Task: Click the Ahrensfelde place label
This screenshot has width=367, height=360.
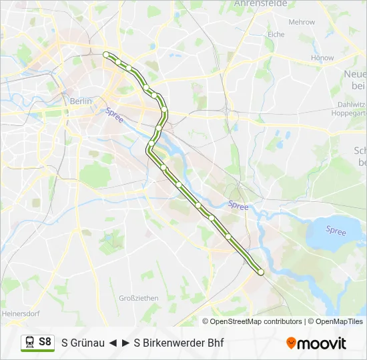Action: (x=260, y=3)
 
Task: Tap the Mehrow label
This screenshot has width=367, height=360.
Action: (x=301, y=22)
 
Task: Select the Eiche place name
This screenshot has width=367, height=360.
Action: (x=276, y=34)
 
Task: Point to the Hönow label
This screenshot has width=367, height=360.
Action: (x=322, y=58)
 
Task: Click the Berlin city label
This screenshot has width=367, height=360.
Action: (x=81, y=101)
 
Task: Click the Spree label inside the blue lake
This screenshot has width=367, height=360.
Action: (x=336, y=231)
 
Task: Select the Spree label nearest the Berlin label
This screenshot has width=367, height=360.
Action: (x=114, y=115)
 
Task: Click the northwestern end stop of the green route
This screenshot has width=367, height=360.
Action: (x=106, y=55)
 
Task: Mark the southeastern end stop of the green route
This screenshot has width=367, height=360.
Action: (x=261, y=272)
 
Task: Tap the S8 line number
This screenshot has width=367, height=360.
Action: (x=45, y=342)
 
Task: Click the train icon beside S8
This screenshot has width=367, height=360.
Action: (x=29, y=342)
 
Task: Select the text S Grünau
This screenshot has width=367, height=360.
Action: (x=83, y=343)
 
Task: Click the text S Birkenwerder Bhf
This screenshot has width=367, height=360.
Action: (x=179, y=343)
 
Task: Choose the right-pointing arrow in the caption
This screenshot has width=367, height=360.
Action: (x=125, y=343)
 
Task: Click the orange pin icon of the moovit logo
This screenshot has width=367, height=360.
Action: (x=291, y=343)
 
